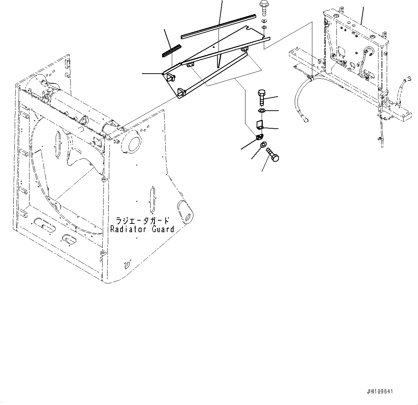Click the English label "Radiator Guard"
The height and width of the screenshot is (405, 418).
(142, 229)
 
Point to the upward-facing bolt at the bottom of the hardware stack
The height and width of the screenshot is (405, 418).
(273, 155)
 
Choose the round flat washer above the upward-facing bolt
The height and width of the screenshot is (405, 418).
(263, 144)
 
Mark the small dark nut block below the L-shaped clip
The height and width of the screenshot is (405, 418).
(259, 137)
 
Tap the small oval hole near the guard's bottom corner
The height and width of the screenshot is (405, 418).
(126, 265)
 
